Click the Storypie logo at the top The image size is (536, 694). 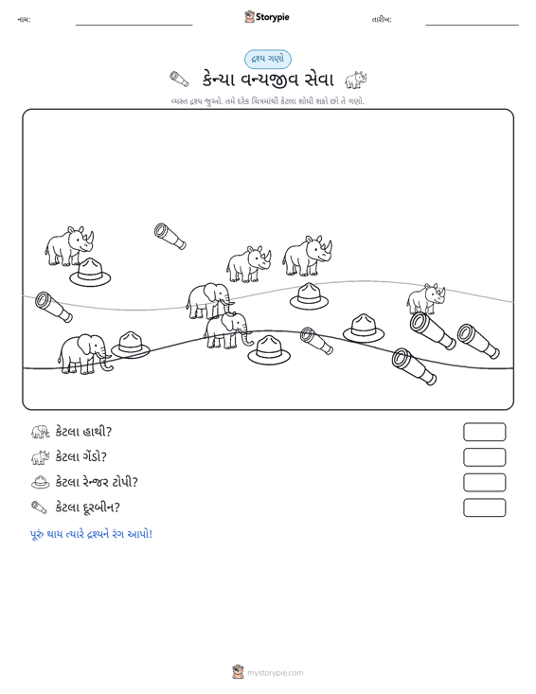click(266, 17)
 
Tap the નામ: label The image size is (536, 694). click(24, 20)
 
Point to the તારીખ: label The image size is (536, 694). click(382, 20)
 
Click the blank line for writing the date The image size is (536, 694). click(472, 25)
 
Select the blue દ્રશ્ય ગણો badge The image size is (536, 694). click(268, 60)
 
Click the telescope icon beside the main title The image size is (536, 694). click(179, 80)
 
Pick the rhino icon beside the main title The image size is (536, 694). click(356, 80)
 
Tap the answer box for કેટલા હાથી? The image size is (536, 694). click(484, 432)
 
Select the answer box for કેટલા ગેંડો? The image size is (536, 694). click(484, 457)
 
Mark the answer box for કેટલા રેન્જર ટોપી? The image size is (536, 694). click(484, 483)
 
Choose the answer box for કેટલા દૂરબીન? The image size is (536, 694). click(484, 507)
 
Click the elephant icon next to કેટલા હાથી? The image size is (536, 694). click(41, 432)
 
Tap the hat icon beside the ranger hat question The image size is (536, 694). click(41, 482)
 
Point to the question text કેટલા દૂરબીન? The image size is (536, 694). click(88, 507)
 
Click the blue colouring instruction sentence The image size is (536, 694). click(91, 534)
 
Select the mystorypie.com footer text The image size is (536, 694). click(276, 673)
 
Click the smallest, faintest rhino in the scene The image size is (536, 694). click(426, 299)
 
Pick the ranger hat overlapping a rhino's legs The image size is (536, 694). click(90, 273)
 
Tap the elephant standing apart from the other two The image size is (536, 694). click(84, 354)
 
